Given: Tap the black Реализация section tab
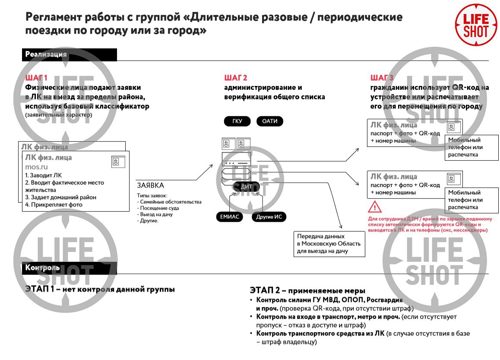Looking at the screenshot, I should click(x=69, y=54).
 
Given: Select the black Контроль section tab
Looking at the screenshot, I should click(x=69, y=268).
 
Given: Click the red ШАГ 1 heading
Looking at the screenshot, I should click(x=36, y=78).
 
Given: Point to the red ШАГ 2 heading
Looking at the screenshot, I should click(x=235, y=78).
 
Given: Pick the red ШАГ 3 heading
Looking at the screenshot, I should click(x=382, y=78).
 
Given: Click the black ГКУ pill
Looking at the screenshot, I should click(x=237, y=121).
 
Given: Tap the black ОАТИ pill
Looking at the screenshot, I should click(x=270, y=121).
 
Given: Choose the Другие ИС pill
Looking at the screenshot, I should click(x=269, y=217).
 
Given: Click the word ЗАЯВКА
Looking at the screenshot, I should click(x=151, y=185).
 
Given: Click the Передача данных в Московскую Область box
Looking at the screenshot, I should click(x=329, y=244).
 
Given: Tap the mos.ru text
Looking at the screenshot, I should click(x=36, y=167).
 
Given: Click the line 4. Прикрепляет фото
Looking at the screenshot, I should click(x=54, y=205).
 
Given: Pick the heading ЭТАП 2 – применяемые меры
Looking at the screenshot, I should click(x=307, y=290).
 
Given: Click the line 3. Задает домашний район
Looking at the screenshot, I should click(x=60, y=198).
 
